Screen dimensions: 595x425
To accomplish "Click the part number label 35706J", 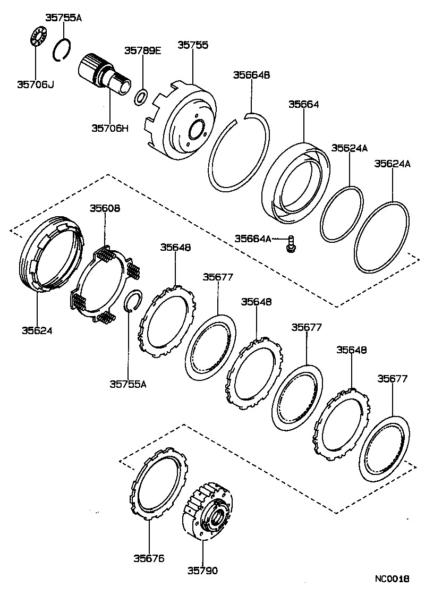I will click(x=35, y=84).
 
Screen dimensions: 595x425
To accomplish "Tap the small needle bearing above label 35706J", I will click(x=36, y=39).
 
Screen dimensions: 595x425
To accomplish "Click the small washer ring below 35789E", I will click(x=141, y=97).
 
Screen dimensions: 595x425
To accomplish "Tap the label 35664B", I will click(x=251, y=75).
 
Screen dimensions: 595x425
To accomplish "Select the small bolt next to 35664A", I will click(x=291, y=243).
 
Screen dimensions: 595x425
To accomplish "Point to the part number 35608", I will click(x=105, y=208).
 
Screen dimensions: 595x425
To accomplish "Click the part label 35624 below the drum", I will click(x=37, y=330).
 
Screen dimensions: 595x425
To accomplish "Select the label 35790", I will click(x=202, y=571).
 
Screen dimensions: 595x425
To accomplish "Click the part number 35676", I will click(x=149, y=558).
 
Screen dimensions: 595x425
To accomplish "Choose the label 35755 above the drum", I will click(x=192, y=46).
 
